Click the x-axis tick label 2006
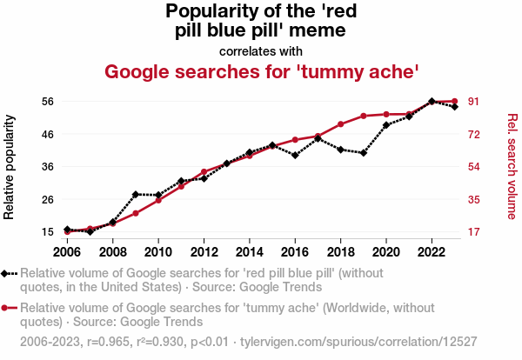click(67, 252)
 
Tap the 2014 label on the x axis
click(250, 252)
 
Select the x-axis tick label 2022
click(432, 252)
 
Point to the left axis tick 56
click(49, 101)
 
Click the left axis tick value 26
click(49, 199)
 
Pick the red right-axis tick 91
click(476, 101)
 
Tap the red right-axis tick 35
click(476, 199)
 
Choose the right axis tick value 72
click(476, 134)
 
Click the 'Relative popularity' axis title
click(10, 166)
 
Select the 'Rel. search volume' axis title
click(512, 166)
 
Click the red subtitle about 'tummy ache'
click(262, 71)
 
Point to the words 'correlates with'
click(262, 50)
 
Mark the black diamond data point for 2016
click(295, 156)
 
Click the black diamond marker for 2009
click(136, 194)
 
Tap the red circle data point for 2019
click(364, 116)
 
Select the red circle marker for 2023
click(455, 102)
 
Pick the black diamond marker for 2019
click(364, 153)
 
